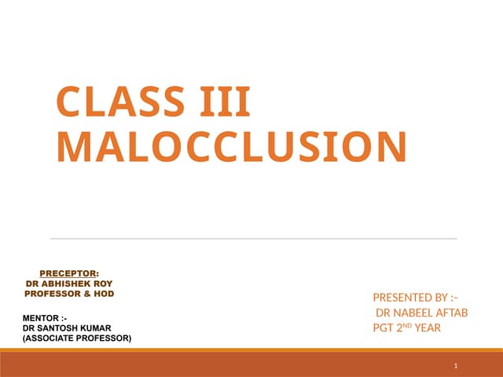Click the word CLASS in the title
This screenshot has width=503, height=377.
pyautogui.click(x=118, y=103)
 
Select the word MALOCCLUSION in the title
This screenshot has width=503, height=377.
pyautogui.click(x=233, y=148)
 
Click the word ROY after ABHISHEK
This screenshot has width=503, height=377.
pyautogui.click(x=104, y=283)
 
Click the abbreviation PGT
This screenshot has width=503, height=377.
pyautogui.click(x=383, y=328)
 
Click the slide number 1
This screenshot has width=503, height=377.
pyautogui.click(x=456, y=367)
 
